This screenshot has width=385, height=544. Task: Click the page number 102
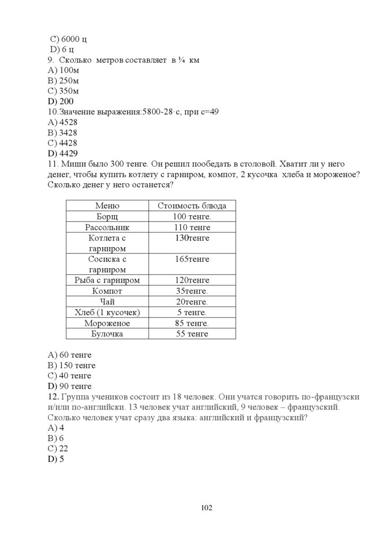(207, 508)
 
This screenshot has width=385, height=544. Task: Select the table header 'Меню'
(107, 206)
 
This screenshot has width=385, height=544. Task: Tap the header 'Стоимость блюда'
(192, 206)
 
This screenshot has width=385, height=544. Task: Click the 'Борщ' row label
(107, 217)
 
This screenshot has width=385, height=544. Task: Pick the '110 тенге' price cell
(192, 227)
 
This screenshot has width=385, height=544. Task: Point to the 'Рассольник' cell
(107, 227)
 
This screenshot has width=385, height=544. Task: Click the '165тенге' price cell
(192, 259)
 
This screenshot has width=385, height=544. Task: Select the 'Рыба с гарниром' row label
(107, 280)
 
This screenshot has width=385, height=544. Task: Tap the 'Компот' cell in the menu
(107, 291)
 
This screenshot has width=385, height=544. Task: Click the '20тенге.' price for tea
(192, 302)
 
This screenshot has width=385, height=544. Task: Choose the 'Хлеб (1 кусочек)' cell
(107, 312)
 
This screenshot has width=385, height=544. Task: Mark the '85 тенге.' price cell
(192, 323)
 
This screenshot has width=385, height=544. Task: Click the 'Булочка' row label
(107, 334)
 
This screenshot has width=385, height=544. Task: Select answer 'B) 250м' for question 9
(63, 80)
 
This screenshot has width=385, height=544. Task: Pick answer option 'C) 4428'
(62, 143)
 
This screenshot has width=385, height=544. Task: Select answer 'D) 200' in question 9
(61, 101)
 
